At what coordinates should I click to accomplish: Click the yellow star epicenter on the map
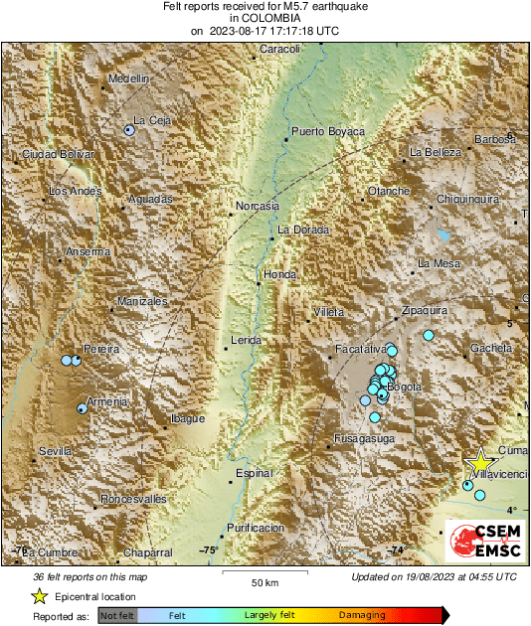480,462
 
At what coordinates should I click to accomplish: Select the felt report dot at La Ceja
129,129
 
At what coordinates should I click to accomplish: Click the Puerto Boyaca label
328,131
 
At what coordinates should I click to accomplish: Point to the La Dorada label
300,230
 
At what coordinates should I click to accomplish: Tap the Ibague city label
188,419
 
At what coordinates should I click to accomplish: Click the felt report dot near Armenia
83,407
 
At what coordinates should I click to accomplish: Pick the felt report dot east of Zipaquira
429,335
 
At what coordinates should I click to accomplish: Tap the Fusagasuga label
365,438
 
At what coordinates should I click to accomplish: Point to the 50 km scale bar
263,572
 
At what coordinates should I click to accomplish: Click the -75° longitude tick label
209,549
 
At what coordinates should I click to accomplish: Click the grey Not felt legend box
116,617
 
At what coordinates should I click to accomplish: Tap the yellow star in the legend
39,596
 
